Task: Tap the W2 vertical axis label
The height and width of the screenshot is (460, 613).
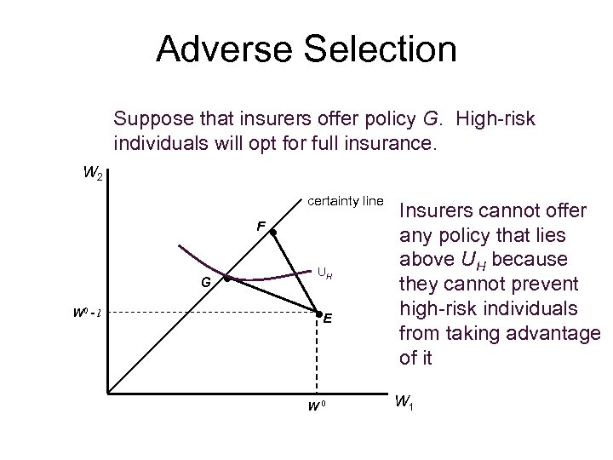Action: (x=95, y=175)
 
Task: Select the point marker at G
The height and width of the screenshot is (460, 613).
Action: (x=226, y=279)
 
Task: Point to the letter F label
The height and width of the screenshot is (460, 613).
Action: (x=261, y=227)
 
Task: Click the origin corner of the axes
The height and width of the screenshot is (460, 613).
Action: (x=108, y=394)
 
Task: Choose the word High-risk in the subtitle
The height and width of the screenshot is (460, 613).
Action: (x=500, y=118)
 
